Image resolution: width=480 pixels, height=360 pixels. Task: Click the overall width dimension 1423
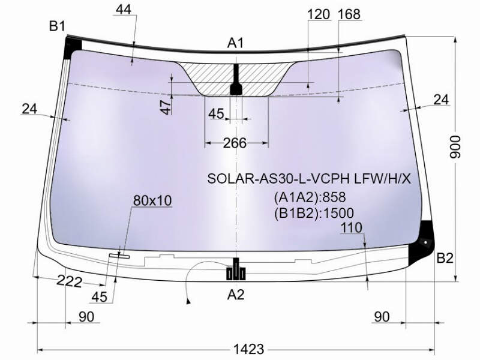pos(248,349)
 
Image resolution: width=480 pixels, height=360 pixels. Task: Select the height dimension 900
pos(455,147)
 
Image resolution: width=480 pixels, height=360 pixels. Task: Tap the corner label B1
pos(57,26)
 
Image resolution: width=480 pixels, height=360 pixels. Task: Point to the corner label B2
pos(445,258)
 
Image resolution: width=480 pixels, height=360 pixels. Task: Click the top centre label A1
pos(235,43)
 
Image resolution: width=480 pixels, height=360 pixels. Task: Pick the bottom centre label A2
pos(236,295)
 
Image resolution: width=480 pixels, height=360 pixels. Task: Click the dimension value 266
pos(235,143)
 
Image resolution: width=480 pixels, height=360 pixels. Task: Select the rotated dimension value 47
pos(166,108)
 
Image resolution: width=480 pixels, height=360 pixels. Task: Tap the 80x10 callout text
pos(152,200)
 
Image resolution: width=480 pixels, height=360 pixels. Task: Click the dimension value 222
pos(70,281)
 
